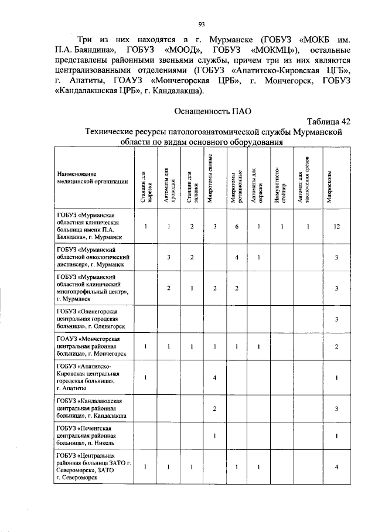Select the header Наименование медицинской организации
[92, 178]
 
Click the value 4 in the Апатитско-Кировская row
[215, 377]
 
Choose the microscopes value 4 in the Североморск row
[336, 466]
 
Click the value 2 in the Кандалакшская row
[215, 408]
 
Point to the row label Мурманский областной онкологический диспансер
[93, 257]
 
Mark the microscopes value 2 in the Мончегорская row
[336, 347]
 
